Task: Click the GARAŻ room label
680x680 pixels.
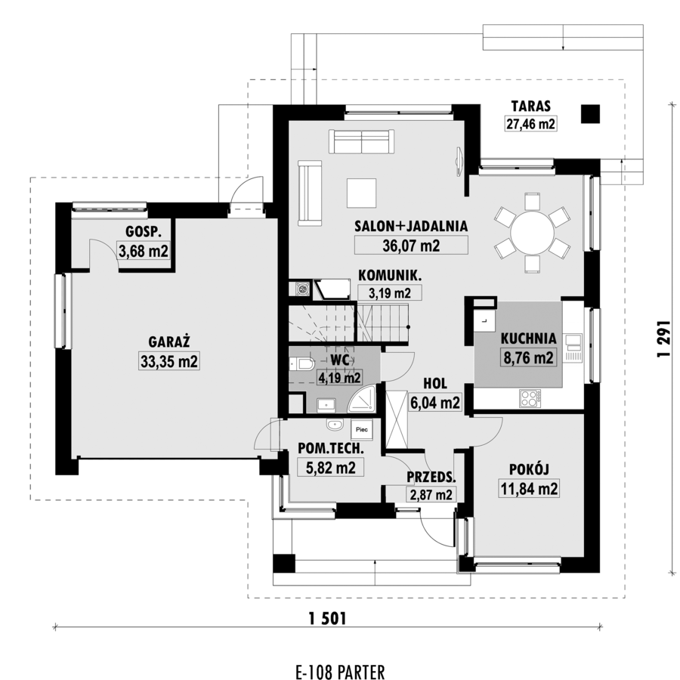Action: click(169, 342)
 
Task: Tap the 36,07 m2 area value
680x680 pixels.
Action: click(411, 246)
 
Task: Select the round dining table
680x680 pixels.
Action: click(532, 233)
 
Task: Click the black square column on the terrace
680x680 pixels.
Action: click(590, 113)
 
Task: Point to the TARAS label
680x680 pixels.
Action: click(531, 106)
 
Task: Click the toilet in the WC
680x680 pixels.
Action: click(301, 363)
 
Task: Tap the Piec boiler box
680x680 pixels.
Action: click(362, 429)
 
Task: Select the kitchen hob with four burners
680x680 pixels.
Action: click(530, 398)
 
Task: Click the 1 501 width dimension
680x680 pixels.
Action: click(328, 618)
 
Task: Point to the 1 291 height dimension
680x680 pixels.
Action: click(664, 338)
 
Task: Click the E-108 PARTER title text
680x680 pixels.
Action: click(340, 672)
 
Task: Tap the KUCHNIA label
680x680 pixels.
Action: click(528, 338)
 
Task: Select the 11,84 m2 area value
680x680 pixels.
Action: click(529, 489)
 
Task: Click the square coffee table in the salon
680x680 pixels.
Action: click(361, 193)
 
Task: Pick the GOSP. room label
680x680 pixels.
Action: click(143, 232)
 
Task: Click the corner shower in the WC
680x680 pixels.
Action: click(361, 398)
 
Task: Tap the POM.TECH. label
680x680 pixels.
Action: click(331, 448)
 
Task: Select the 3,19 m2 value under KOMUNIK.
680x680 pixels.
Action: click(389, 293)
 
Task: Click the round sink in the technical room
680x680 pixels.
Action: click(335, 425)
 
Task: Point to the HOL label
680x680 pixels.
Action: click(435, 383)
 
